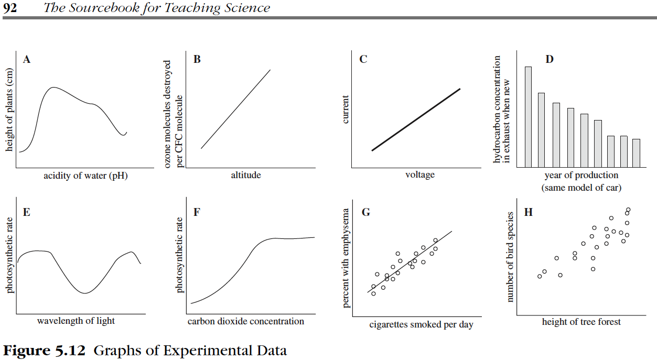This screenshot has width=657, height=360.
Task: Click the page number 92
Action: [x=10, y=8]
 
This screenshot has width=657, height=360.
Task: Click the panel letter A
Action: [x=27, y=60]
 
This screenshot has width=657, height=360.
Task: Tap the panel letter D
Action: [x=549, y=59]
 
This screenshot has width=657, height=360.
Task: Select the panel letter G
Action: [x=366, y=212]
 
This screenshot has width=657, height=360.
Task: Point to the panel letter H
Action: [x=528, y=212]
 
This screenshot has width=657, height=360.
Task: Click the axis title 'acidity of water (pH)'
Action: [x=85, y=176]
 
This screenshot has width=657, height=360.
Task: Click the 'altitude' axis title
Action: [x=246, y=175]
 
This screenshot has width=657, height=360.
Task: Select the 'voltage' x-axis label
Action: [x=420, y=175]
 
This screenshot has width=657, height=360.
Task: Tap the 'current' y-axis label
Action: [x=346, y=109]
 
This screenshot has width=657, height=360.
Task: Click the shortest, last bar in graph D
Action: [x=636, y=152]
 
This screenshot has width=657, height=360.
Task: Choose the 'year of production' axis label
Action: [x=581, y=175]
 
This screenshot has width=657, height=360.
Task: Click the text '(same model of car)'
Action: [x=581, y=187]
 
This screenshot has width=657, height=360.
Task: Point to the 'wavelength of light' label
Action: [x=76, y=321]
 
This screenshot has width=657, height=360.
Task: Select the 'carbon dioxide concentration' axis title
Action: [x=246, y=321]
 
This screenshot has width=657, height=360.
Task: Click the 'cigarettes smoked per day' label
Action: [x=421, y=325]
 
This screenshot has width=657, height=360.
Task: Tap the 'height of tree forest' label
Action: [x=581, y=322]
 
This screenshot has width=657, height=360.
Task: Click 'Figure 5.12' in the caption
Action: [x=45, y=350]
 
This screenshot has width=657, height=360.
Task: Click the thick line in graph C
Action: [x=416, y=119]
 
